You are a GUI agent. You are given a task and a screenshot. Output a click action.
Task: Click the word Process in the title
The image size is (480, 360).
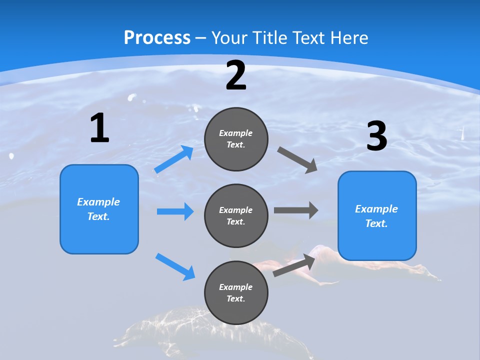(x=157, y=37)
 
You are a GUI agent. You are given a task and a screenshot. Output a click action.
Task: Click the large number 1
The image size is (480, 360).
(x=99, y=128)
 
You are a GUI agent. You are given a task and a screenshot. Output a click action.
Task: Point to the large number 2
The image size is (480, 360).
(x=236, y=76)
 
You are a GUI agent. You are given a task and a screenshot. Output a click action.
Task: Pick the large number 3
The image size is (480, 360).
(x=377, y=136)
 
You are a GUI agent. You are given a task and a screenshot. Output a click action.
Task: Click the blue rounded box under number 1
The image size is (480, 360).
(x=99, y=209)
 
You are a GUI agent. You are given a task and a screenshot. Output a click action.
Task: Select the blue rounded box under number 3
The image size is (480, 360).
(x=377, y=216)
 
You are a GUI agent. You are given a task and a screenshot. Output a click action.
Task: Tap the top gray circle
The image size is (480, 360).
(x=236, y=139)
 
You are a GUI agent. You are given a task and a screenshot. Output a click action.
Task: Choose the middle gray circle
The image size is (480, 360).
(x=236, y=216)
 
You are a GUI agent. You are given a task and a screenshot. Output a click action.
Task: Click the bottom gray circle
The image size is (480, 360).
(x=236, y=292)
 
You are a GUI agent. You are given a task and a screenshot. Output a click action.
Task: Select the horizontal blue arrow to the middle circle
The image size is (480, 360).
(x=175, y=211)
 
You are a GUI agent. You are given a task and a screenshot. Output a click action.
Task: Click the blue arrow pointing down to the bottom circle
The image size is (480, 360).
(x=175, y=266)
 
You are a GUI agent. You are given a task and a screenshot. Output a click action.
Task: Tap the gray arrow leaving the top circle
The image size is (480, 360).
(x=297, y=160)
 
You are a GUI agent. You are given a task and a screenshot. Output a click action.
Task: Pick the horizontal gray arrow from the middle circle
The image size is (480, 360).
(x=295, y=210)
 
